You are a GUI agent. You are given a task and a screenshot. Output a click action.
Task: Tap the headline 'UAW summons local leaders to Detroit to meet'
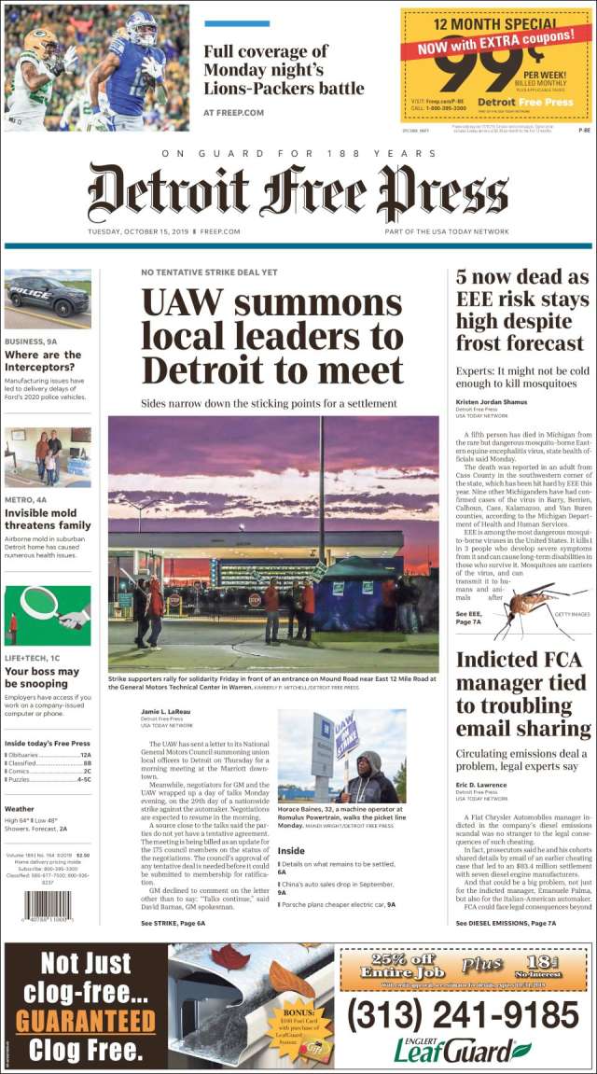[271, 337]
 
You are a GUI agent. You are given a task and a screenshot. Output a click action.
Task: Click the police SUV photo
[48, 299]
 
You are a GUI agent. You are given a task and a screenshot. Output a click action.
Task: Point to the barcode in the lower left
[48, 906]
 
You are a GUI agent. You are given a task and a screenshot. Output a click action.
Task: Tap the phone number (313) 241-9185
[463, 1014]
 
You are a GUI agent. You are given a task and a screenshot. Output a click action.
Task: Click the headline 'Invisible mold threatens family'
[48, 519]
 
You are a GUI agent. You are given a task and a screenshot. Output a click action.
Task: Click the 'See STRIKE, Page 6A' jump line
[173, 922]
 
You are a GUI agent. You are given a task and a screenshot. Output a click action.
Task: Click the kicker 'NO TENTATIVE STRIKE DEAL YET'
[209, 272]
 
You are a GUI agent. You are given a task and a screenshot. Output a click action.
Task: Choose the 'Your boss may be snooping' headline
[42, 677]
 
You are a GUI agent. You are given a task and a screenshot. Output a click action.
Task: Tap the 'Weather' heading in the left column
[20, 809]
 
